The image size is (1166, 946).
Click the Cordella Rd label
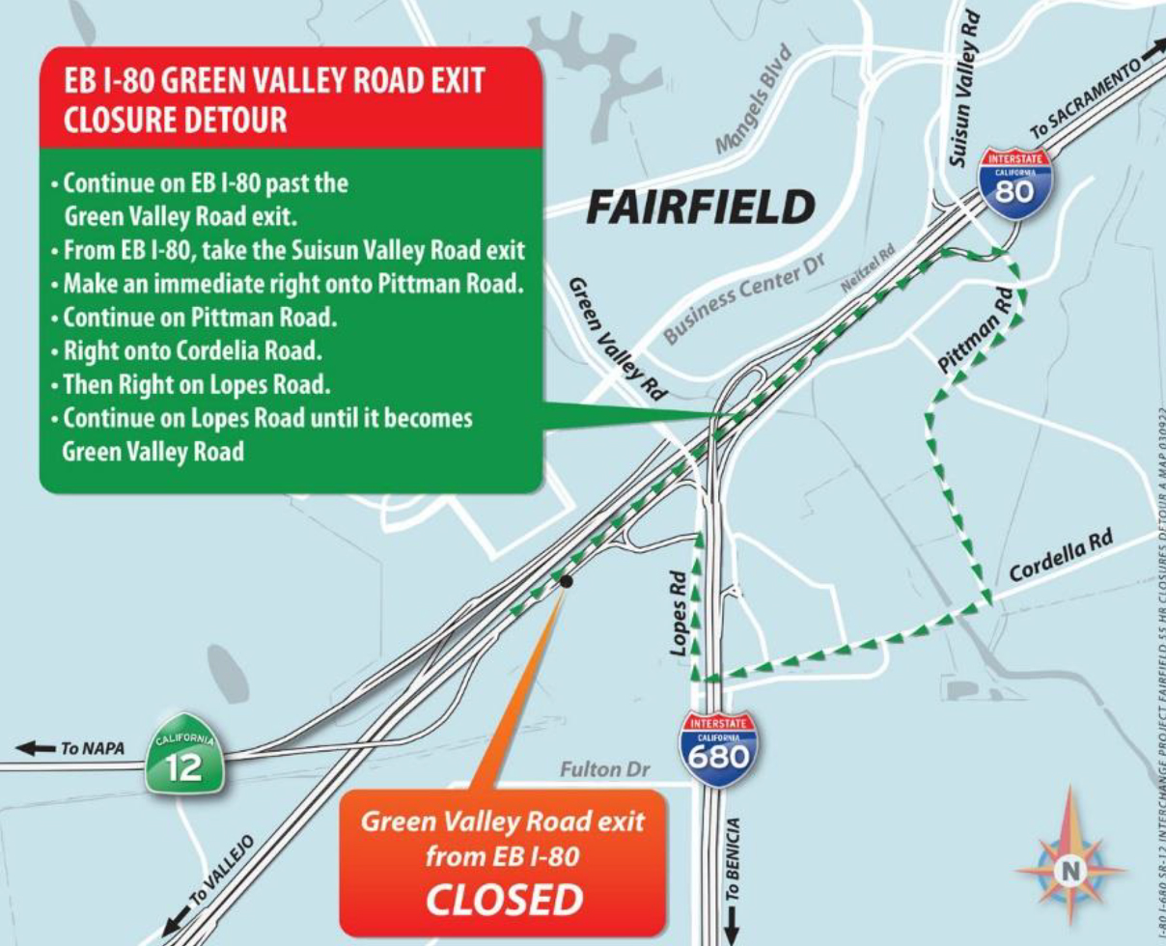pos(1061,556)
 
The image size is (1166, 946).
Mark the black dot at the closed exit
pos(566,581)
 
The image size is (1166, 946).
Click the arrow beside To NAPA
pos(38,748)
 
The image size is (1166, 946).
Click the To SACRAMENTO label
pos(1087,97)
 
